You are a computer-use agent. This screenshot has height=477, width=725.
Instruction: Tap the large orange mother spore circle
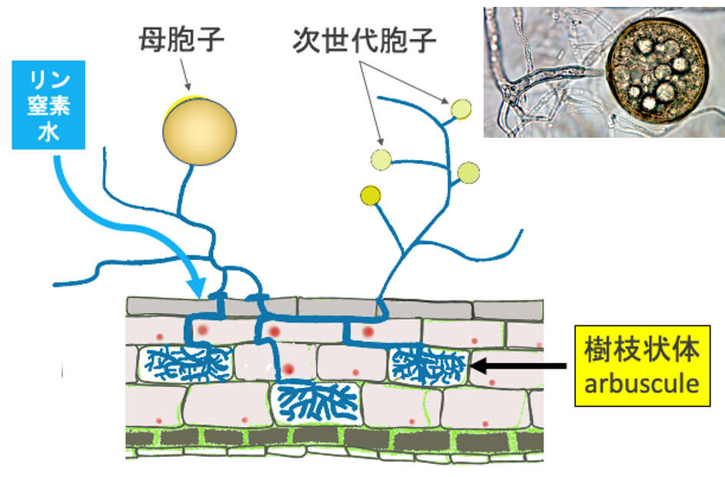tap(199, 132)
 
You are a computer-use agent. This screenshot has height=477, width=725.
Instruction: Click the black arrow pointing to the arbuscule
tap(519, 365)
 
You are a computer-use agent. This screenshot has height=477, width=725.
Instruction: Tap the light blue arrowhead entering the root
tap(198, 288)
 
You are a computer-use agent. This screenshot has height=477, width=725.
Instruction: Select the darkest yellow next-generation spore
tap(371, 196)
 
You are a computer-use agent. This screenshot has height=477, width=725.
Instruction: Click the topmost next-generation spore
tap(461, 109)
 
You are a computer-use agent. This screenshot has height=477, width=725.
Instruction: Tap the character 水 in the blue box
tap(49, 132)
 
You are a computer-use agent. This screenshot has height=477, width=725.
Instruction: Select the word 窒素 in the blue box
tap(49, 106)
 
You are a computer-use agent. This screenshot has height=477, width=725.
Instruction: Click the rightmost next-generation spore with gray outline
tap(468, 172)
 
